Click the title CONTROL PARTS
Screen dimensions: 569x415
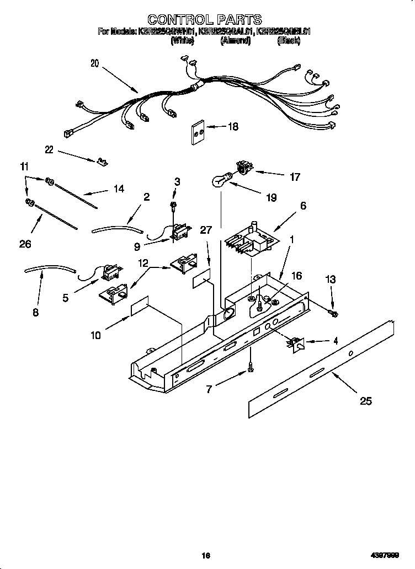[x=205, y=21]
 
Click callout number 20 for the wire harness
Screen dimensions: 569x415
[x=95, y=63]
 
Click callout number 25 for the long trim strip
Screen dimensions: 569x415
[x=365, y=401]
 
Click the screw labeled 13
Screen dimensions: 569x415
[x=334, y=313]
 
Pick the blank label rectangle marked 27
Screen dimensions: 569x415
[x=203, y=280]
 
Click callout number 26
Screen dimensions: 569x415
[x=25, y=244]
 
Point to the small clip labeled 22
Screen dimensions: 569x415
[x=102, y=161]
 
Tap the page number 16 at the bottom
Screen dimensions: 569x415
[x=206, y=556]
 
